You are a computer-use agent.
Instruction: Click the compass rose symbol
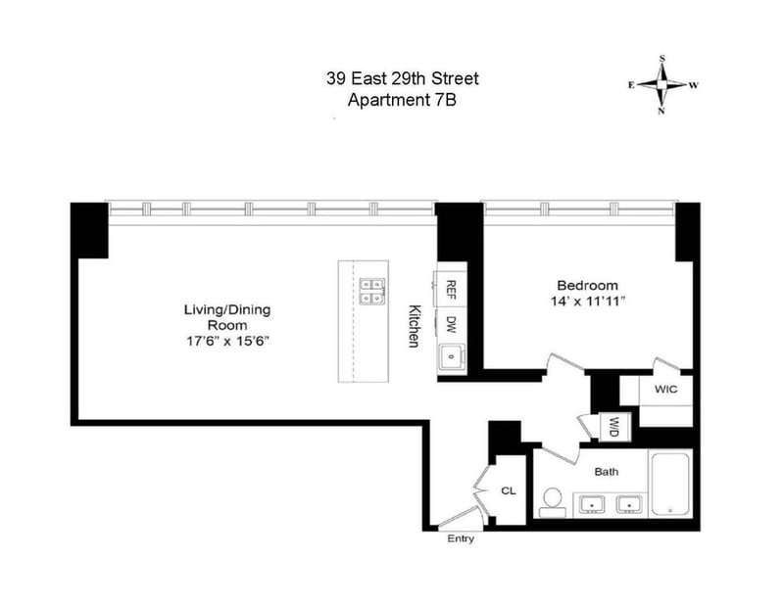tap(662, 85)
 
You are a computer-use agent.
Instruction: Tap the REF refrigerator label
tap(451, 290)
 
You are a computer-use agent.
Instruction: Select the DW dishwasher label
tap(451, 325)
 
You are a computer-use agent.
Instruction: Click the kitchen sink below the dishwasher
tap(452, 356)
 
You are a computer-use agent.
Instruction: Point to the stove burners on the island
tap(372, 291)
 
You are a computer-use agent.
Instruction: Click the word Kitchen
tap(414, 326)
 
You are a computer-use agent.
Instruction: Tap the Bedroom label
tap(587, 285)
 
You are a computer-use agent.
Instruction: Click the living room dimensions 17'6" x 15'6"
tap(228, 342)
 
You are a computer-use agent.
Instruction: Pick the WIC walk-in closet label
tap(666, 389)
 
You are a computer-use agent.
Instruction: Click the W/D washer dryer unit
tap(614, 427)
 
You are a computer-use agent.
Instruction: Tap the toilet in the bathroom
tap(553, 502)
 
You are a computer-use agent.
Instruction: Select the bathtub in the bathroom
tap(670, 484)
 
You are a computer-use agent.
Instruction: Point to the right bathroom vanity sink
tap(629, 504)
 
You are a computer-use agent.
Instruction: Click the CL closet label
tap(508, 491)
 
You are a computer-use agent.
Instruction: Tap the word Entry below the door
tap(461, 538)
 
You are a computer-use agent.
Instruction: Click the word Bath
tap(606, 472)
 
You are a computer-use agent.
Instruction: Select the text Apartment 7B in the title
tap(402, 100)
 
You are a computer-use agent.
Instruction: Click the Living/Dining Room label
tap(227, 318)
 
